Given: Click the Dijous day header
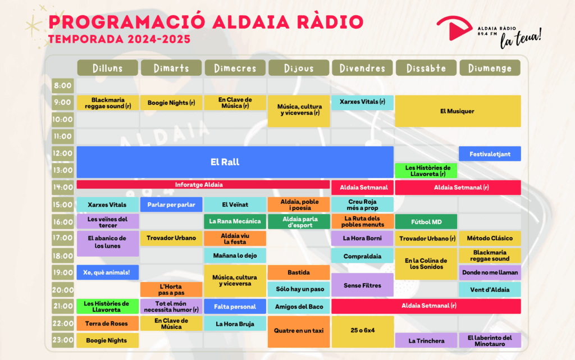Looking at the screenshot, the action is tap(299, 68).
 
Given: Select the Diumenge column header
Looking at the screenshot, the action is tap(490, 68).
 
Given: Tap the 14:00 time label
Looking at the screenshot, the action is tap(63, 188).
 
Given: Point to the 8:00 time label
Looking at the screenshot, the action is tap(63, 86).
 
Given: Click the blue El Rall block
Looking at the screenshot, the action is tap(235, 162).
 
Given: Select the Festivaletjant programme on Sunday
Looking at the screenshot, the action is tap(490, 154).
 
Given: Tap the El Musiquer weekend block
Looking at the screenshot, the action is tap(458, 111).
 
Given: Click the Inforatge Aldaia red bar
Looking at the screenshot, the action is tap(203, 185).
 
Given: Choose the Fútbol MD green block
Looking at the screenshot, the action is tap(426, 222).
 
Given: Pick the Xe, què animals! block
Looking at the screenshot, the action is tap(108, 272).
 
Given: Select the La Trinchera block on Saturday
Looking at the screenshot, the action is tap(426, 340).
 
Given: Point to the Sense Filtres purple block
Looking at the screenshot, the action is tap(363, 285).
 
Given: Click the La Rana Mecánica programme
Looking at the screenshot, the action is tap(235, 221).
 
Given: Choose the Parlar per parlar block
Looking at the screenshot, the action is tap(171, 204).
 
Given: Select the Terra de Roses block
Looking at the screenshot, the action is tap(108, 323).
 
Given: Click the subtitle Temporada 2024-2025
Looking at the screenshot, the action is tap(119, 39).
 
